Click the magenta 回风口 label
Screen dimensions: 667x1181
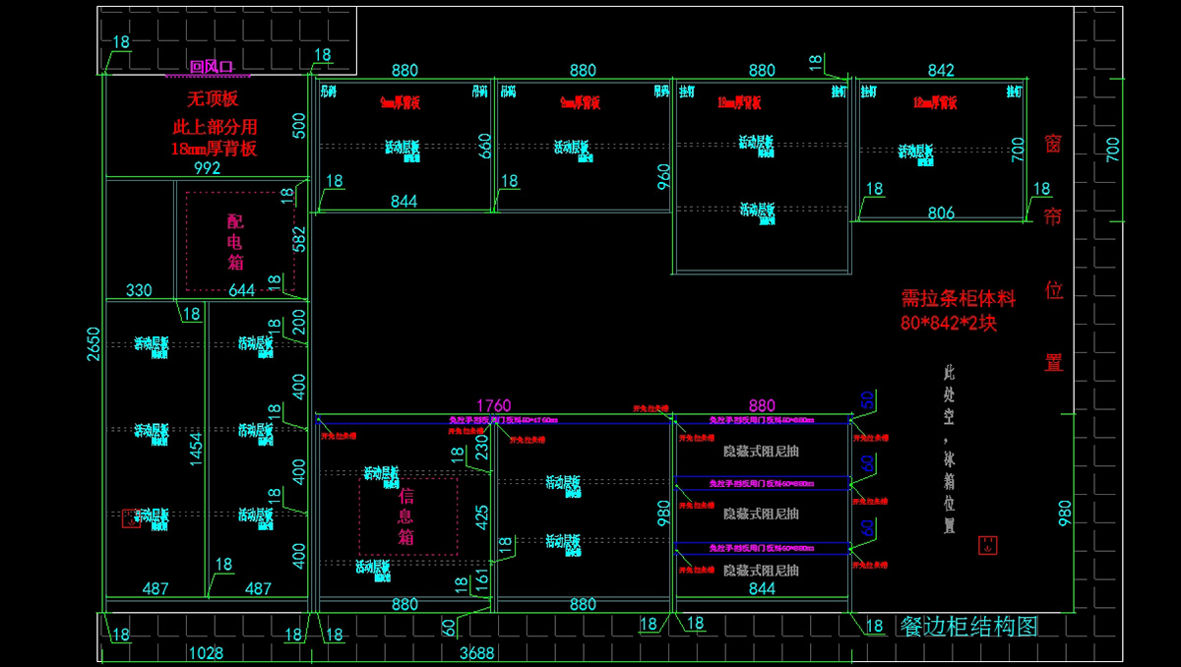pyautogui.click(x=211, y=67)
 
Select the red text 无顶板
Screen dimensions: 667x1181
pyautogui.click(x=214, y=98)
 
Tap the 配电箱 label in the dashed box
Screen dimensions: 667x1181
pyautogui.click(x=235, y=242)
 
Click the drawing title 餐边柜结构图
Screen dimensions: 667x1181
pyautogui.click(x=968, y=627)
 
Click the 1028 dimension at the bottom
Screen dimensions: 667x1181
pyautogui.click(x=205, y=652)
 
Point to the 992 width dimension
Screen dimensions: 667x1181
pyautogui.click(x=207, y=168)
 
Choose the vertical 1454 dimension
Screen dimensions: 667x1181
pyautogui.click(x=196, y=448)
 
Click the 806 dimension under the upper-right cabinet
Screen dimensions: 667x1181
pyautogui.click(x=941, y=212)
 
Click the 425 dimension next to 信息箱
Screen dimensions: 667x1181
pyautogui.click(x=482, y=517)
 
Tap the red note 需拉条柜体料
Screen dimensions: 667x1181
pyautogui.click(x=958, y=298)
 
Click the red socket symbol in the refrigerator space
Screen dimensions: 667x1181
pyautogui.click(x=987, y=545)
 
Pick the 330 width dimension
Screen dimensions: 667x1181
pyautogui.click(x=139, y=290)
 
